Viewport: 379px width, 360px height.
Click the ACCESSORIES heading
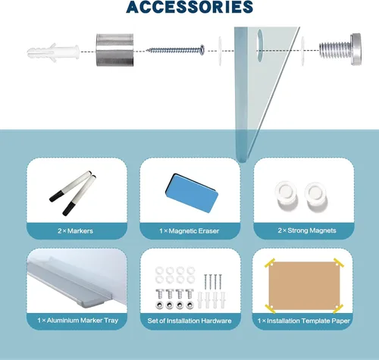[189, 7]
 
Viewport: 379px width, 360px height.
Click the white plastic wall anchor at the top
[53, 52]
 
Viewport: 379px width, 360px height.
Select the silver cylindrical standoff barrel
[114, 50]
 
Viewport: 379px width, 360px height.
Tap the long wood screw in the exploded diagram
[176, 50]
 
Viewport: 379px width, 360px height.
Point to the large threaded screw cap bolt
[340, 49]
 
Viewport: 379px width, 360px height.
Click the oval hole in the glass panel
[260, 45]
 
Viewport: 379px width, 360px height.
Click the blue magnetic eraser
[192, 193]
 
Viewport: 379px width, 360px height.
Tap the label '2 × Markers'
[75, 230]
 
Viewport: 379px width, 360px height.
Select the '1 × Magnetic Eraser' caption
[189, 230]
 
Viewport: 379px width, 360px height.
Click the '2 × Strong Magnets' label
[307, 230]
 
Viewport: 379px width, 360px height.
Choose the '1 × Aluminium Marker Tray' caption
[78, 321]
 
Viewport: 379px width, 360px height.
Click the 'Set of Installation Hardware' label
[189, 321]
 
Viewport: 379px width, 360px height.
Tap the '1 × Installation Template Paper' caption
[304, 321]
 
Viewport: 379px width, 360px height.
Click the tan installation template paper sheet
[304, 286]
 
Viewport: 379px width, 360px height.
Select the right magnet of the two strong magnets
[316, 196]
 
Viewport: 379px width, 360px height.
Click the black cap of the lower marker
[68, 209]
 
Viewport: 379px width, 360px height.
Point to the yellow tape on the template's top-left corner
[270, 263]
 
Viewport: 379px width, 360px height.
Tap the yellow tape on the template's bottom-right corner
[338, 308]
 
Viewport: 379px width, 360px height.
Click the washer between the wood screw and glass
[220, 51]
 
